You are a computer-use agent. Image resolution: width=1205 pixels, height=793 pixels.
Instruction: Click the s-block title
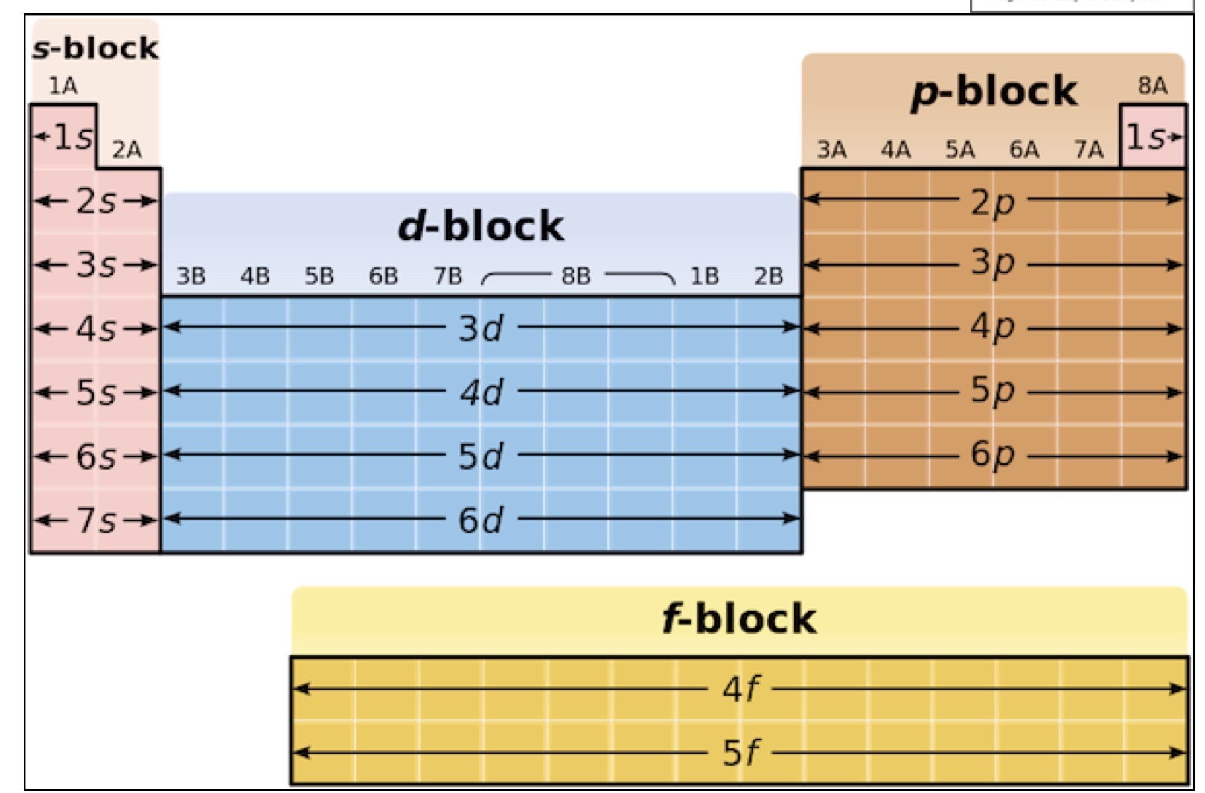coord(95,48)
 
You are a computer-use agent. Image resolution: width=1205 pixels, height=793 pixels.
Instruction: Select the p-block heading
coord(994,92)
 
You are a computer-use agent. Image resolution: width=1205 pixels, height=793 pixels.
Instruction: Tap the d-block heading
coord(481,227)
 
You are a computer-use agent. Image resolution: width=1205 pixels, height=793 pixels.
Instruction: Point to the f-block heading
coord(739,619)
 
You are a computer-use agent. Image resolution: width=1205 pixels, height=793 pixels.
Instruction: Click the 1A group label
coord(63,86)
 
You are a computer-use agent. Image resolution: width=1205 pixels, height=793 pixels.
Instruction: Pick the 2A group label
coord(127,150)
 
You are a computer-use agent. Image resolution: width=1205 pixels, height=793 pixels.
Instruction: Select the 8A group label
coord(1152,86)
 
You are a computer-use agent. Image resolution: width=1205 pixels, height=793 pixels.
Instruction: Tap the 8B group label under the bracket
coord(575,276)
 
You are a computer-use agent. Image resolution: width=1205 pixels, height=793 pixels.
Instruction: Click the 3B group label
coord(191,276)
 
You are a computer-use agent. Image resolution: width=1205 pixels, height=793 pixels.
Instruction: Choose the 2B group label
coord(768,276)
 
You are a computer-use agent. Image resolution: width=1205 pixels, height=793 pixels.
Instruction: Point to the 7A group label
coord(1088,150)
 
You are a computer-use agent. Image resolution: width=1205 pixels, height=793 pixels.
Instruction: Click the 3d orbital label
coord(481,329)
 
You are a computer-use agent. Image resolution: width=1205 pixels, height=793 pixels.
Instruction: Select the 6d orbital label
coord(481,520)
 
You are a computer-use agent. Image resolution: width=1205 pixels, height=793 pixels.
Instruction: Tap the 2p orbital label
coord(992,202)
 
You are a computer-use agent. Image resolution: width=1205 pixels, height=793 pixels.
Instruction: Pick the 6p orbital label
coord(992,454)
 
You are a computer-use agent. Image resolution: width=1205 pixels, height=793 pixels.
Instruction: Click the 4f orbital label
coord(740,689)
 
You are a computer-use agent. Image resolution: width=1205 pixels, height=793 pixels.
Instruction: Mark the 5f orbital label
coord(740,753)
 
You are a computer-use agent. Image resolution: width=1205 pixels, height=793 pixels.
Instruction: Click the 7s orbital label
coord(95,520)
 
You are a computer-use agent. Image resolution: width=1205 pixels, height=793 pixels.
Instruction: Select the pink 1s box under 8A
coord(1152,137)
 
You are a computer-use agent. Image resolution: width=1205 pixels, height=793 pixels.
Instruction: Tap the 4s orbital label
coord(95,330)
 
